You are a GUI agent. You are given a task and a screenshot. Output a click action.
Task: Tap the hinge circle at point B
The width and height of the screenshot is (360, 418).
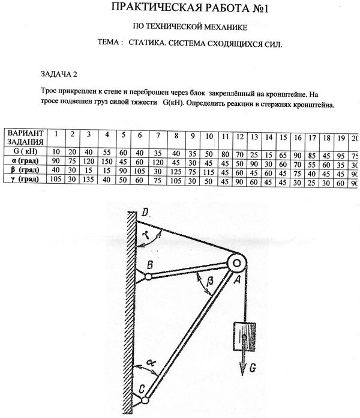point(147,277)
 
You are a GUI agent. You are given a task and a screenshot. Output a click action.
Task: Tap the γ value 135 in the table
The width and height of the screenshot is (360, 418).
point(89,179)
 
